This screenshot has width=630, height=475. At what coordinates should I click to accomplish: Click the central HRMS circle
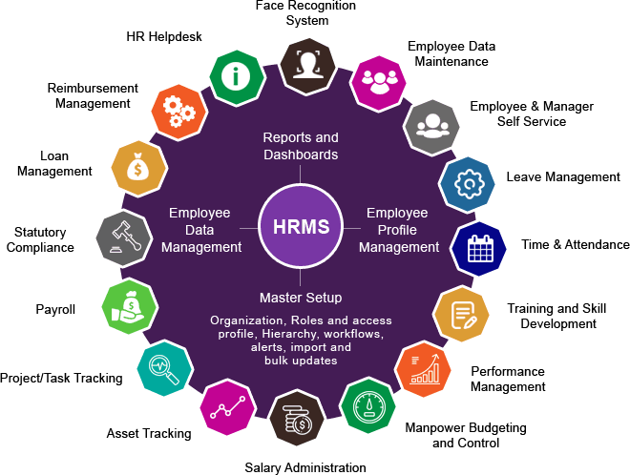coord(301,227)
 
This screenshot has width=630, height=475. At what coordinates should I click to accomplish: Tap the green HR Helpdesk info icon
coord(237,77)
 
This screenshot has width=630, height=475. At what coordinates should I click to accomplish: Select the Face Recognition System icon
coord(307,66)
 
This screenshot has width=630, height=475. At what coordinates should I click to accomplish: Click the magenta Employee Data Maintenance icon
coord(379,83)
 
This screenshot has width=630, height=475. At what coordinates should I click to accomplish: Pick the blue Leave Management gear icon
coord(467,184)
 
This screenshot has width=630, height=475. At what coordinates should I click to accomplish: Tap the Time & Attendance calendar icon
coord(478,249)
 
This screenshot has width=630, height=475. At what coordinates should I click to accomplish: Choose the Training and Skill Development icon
coord(461,315)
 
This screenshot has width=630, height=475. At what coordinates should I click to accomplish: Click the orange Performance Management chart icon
coord(423,369)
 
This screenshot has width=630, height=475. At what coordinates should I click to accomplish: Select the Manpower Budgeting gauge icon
coord(368,405)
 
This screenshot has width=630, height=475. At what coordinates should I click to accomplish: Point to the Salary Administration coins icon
coord(297,418)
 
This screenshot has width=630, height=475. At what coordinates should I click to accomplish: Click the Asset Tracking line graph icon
coord(228,407)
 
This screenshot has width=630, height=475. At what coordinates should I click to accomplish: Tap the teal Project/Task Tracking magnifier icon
coord(165,368)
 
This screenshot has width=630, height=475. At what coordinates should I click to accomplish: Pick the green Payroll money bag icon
coord(130,307)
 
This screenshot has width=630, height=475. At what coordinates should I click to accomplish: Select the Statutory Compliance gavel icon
coord(124,238)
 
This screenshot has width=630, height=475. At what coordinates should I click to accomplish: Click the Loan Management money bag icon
coord(139,169)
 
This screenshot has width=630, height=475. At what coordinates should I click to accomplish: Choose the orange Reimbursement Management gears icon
coord(179,112)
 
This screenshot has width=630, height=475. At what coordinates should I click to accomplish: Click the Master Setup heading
coord(301,298)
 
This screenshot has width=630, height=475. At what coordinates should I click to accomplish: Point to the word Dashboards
coord(301,155)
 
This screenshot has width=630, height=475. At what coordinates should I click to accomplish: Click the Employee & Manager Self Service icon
coord(431,127)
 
